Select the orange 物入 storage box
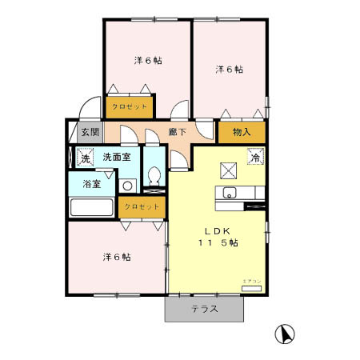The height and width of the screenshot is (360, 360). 242,133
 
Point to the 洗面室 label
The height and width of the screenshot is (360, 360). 116,158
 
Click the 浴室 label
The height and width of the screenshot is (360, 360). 92,184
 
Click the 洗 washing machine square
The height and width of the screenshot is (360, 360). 86,158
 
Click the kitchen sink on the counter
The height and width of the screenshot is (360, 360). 229,193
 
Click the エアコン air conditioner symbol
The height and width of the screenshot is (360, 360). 251,286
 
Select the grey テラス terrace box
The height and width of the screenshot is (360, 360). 204,309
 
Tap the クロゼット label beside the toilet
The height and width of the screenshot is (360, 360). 142,207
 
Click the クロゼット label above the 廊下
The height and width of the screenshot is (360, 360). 129,106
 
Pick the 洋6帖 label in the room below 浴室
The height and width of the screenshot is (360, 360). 116,258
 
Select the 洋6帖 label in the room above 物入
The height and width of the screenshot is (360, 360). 228,70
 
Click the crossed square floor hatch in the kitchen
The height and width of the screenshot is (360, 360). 229,169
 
